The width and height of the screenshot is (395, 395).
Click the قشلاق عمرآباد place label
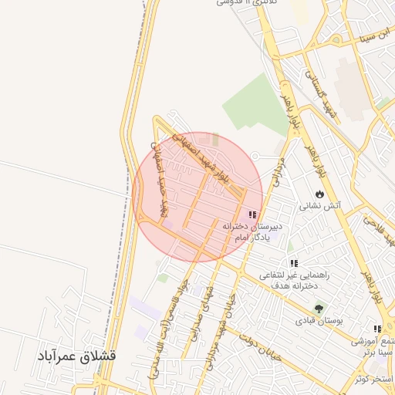[x=75, y=356]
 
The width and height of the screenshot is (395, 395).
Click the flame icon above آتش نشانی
[x=319, y=193]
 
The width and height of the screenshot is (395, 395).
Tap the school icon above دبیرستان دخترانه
[x=252, y=214]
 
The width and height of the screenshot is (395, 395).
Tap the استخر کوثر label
[x=373, y=379]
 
